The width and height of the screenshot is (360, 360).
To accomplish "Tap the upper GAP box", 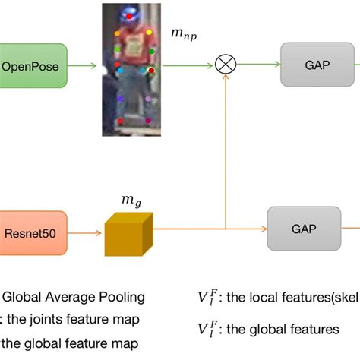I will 317,65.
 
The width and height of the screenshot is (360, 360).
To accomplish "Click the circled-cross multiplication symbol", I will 226,66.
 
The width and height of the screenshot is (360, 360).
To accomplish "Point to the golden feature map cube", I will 128,229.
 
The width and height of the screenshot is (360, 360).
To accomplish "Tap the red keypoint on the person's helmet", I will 134,14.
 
